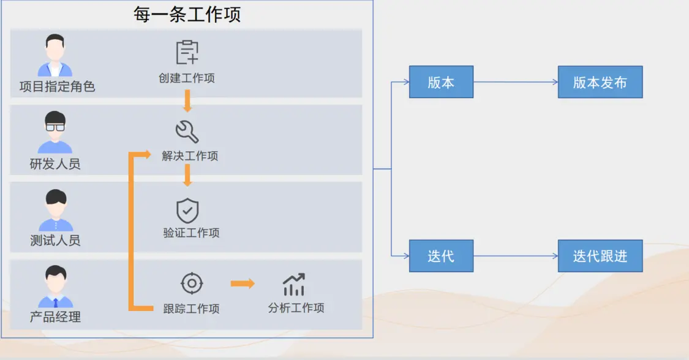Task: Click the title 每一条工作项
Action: pyautogui.click(x=187, y=13)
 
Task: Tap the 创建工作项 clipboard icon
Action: pyautogui.click(x=187, y=53)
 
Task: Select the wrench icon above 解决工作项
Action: pyautogui.click(x=187, y=131)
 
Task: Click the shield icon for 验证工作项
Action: pyautogui.click(x=187, y=211)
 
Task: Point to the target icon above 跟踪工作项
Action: pyautogui.click(x=192, y=283)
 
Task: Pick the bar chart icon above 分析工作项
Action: pyautogui.click(x=294, y=285)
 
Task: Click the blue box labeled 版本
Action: pyautogui.click(x=441, y=82)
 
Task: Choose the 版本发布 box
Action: pyautogui.click(x=600, y=82)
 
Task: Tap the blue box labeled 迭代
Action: pyautogui.click(x=441, y=256)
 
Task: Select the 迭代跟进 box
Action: pyautogui.click(x=600, y=256)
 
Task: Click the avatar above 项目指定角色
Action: pyautogui.click(x=55, y=56)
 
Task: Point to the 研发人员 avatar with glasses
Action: pyautogui.click(x=55, y=133)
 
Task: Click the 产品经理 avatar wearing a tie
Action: pyautogui.click(x=56, y=287)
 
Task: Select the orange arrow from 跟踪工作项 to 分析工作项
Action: pyautogui.click(x=243, y=283)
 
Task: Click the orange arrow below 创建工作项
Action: pyautogui.click(x=187, y=100)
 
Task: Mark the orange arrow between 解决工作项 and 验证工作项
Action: pyautogui.click(x=187, y=175)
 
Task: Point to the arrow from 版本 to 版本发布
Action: pyautogui.click(x=515, y=82)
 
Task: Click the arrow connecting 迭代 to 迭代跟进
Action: pyautogui.click(x=515, y=256)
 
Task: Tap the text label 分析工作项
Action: pyautogui.click(x=296, y=308)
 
